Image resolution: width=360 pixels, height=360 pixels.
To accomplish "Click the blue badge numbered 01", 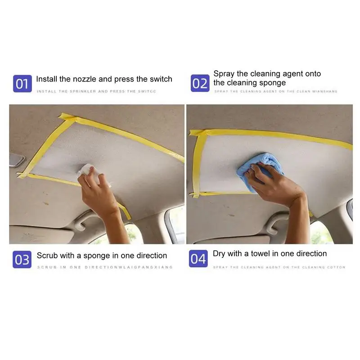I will point(22,84).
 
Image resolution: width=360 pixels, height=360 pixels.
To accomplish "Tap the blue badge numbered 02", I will point(200,84).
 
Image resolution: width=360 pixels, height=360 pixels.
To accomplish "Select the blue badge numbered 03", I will point(22,260).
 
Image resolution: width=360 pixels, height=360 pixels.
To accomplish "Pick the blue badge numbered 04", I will point(198,259).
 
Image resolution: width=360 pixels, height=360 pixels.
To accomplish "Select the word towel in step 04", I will point(256,254).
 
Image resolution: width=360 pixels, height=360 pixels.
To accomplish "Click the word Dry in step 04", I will point(219,254).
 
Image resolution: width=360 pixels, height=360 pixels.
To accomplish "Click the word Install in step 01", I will point(47,79).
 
